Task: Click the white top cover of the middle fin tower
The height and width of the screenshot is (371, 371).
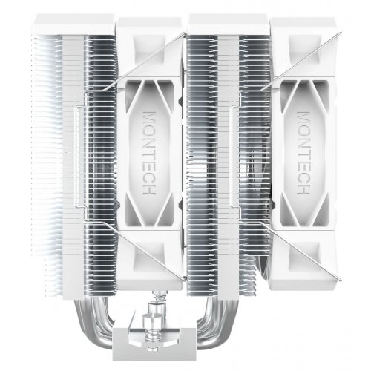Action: [226, 22]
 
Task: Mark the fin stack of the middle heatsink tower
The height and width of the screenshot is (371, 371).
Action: [226, 163]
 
